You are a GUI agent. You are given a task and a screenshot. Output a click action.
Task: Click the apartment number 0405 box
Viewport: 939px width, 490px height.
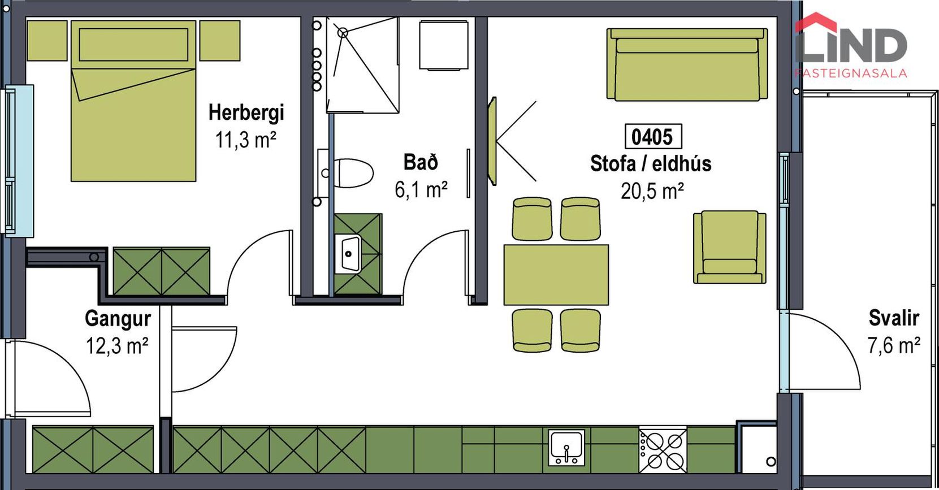tap(653, 137)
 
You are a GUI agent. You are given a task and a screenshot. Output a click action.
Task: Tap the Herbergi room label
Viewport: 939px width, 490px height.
tap(246, 112)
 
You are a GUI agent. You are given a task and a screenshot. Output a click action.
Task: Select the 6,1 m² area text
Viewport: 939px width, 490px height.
tap(421, 190)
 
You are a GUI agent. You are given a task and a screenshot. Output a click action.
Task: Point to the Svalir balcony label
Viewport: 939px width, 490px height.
tap(894, 318)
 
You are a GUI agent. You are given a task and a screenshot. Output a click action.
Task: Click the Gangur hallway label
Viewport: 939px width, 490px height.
tap(118, 319)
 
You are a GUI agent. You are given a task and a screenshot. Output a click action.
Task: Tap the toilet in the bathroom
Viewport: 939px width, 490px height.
tap(353, 173)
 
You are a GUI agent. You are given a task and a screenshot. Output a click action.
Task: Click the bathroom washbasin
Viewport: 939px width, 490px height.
tap(348, 253)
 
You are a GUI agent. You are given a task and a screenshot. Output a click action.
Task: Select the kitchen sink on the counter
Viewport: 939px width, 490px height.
tap(566, 448)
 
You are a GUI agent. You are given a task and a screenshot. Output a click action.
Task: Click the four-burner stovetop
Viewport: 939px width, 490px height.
tap(663, 449)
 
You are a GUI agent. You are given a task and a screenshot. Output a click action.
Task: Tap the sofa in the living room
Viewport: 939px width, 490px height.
tap(687, 64)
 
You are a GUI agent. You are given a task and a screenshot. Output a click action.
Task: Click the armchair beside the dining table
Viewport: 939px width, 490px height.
tap(729, 247)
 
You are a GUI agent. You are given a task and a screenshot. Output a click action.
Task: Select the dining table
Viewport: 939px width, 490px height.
tap(556, 275)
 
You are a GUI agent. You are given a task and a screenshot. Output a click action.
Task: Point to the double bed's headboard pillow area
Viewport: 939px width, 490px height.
tap(133, 45)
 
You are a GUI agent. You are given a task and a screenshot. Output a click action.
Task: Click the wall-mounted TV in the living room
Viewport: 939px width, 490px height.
tap(492, 141)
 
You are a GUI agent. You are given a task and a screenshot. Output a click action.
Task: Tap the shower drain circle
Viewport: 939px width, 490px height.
tap(343, 33)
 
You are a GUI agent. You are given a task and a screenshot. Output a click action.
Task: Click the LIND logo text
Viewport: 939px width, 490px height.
tap(851, 44)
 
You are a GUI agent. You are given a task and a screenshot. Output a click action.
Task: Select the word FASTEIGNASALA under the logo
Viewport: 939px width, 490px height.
tap(851, 73)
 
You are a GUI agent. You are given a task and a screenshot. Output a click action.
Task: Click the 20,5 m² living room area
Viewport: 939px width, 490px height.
tap(652, 191)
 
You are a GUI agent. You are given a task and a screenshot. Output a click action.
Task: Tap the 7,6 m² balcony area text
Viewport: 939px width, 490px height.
tap(894, 346)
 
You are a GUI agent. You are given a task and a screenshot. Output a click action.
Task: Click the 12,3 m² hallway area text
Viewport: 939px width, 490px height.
tap(117, 346)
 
